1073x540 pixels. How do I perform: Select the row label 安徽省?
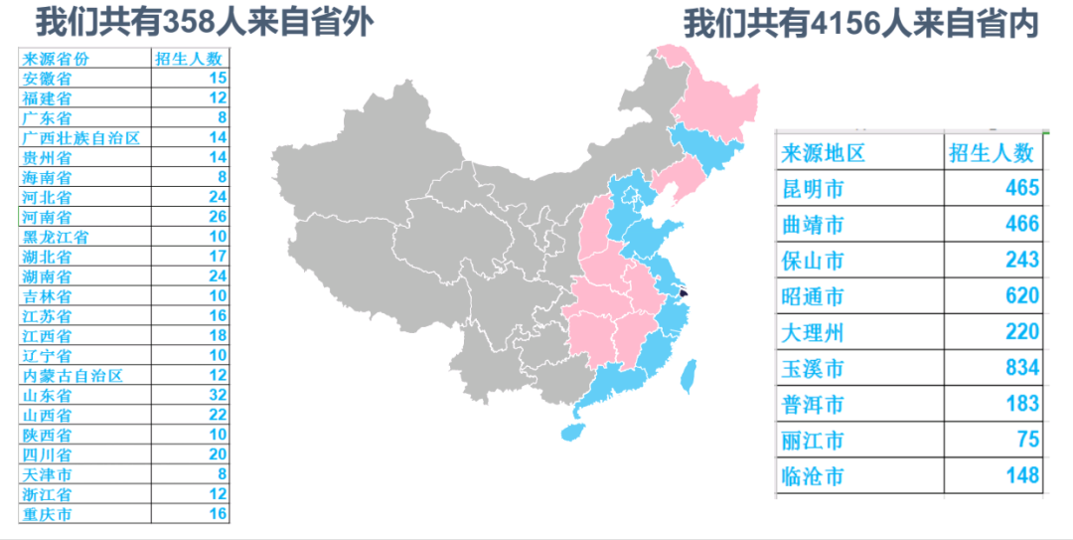[47, 78]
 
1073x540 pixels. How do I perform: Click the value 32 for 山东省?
[218, 395]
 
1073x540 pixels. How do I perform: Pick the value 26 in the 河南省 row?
[218, 217]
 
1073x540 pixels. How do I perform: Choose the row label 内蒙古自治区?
[73, 375]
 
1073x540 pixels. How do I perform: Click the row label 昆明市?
[813, 188]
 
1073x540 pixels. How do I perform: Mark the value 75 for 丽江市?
[1027, 441]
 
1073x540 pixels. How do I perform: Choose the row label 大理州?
[813, 332]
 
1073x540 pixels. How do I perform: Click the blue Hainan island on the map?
[571, 432]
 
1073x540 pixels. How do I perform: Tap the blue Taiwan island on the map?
[687, 375]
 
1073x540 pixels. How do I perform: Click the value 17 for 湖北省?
[218, 257]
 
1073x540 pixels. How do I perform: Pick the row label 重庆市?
[47, 514]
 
